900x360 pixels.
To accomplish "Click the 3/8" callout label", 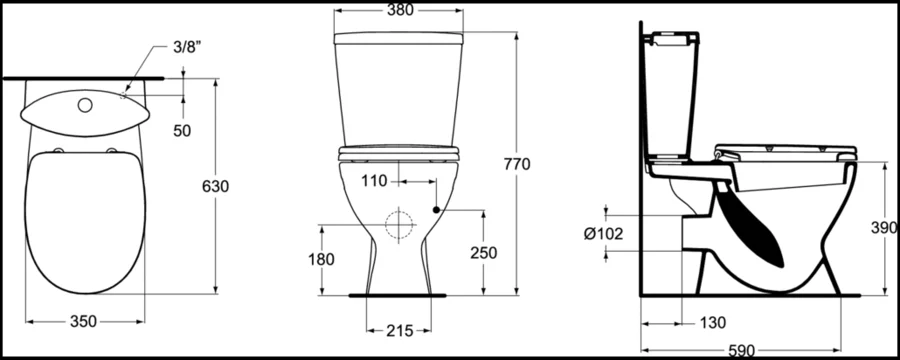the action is click(187, 47).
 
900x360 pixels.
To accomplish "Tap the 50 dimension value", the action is click(183, 131).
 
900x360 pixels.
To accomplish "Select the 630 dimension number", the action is click(215, 187).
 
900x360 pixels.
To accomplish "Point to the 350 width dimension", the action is click(83, 322).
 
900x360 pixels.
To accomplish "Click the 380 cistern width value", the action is click(400, 10).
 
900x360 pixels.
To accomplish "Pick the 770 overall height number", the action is click(517, 164).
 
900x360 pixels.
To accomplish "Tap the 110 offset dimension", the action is click(374, 181).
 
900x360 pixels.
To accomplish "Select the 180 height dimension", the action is click(321, 260).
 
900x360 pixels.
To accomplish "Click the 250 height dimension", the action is click(483, 253).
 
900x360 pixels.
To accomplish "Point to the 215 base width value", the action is click(400, 331).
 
